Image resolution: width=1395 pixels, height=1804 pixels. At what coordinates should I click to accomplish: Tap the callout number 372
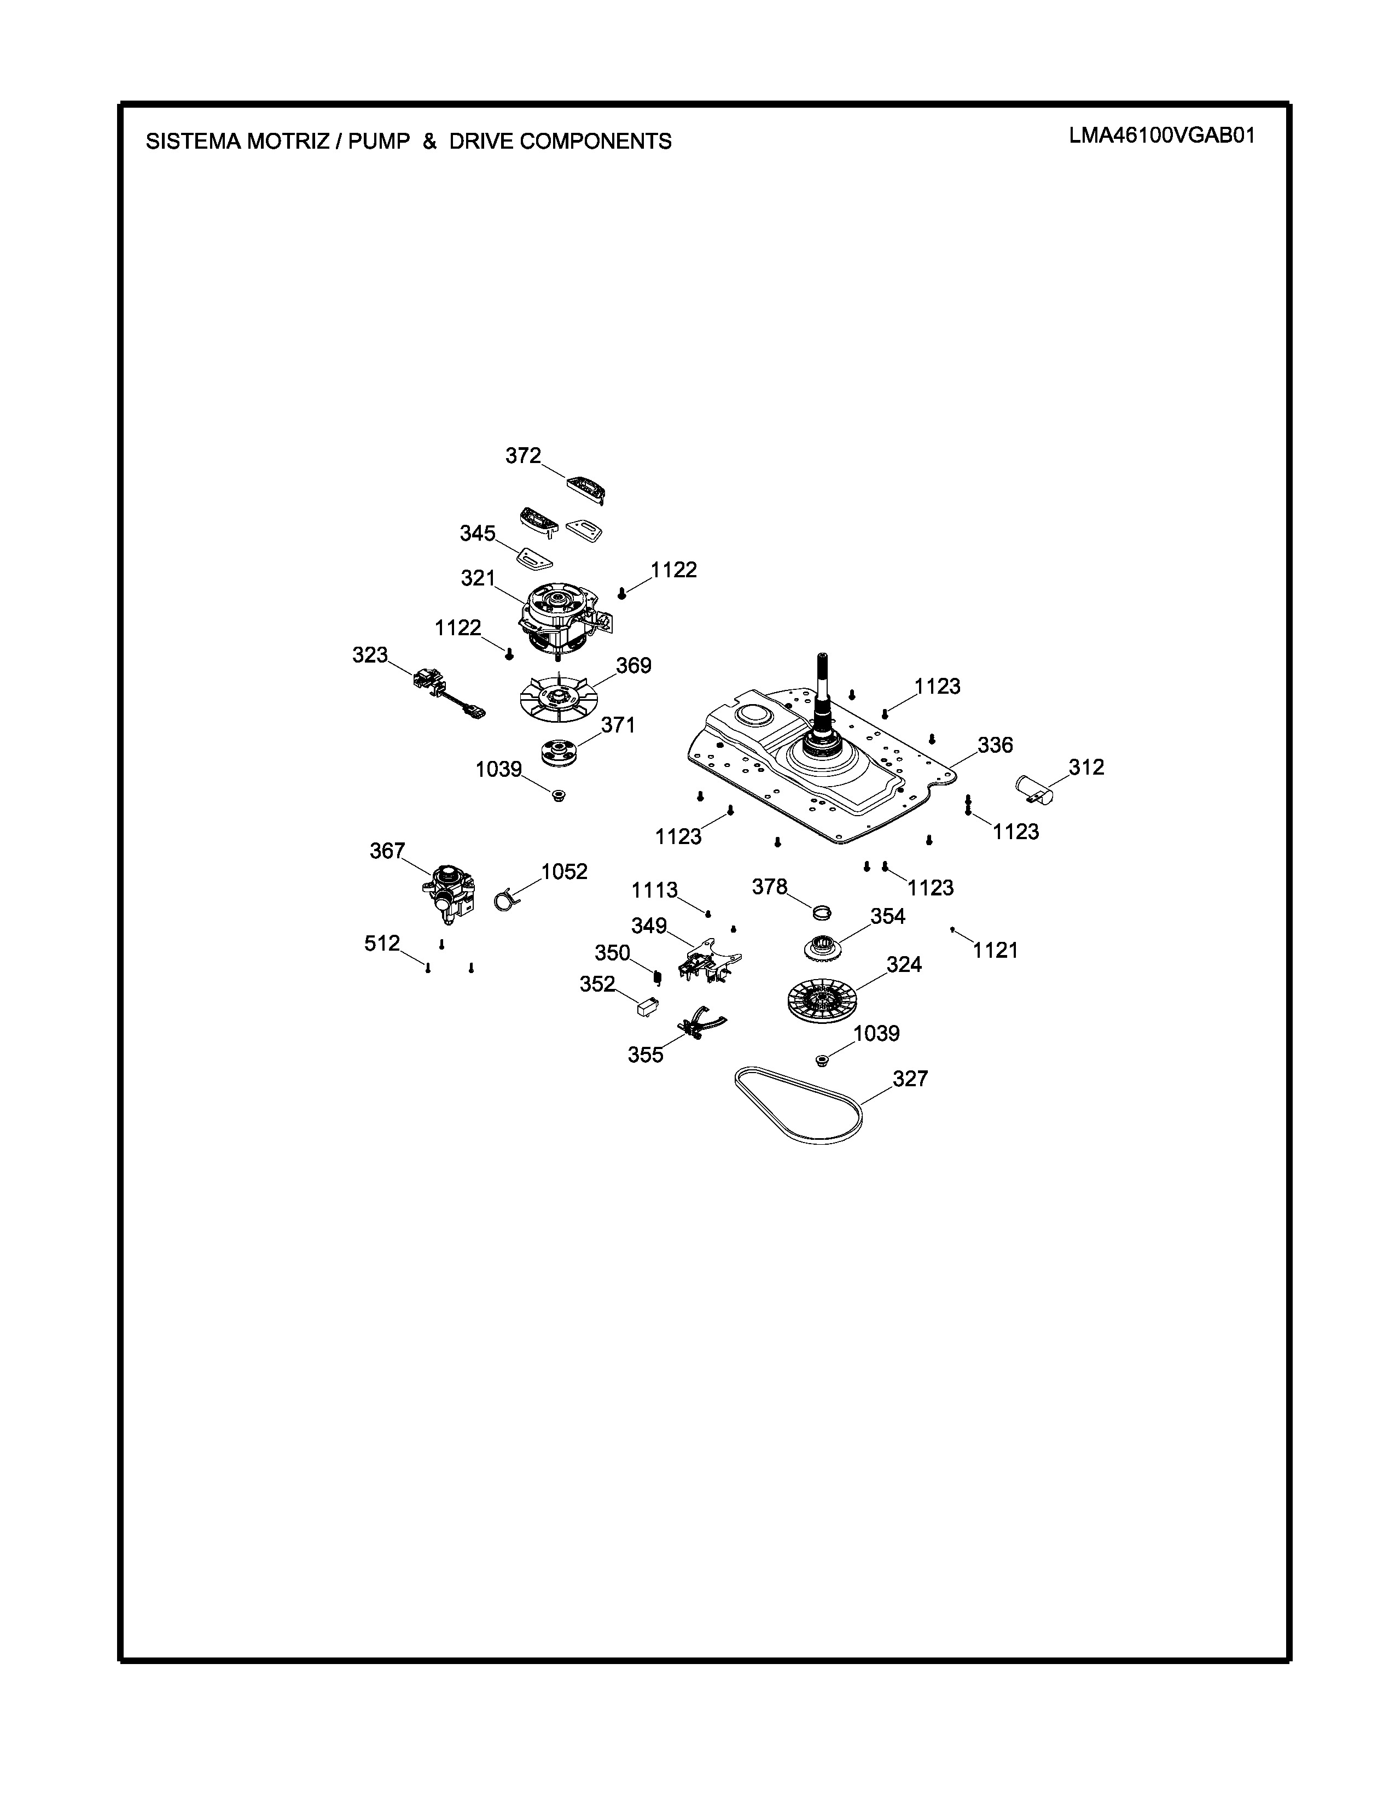pyautogui.click(x=523, y=455)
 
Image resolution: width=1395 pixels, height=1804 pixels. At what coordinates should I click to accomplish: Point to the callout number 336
pyautogui.click(x=995, y=745)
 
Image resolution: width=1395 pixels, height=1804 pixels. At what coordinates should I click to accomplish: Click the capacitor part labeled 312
pyautogui.click(x=1034, y=789)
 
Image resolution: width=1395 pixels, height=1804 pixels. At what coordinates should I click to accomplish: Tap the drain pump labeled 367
pyautogui.click(x=448, y=895)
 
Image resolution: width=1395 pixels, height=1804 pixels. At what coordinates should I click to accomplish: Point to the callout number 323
pyautogui.click(x=370, y=655)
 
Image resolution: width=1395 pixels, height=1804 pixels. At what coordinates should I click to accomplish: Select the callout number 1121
pyautogui.click(x=996, y=950)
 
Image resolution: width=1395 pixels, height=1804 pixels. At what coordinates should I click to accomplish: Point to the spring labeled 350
pyautogui.click(x=658, y=977)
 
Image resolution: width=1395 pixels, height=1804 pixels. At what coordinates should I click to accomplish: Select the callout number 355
pyautogui.click(x=646, y=1055)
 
